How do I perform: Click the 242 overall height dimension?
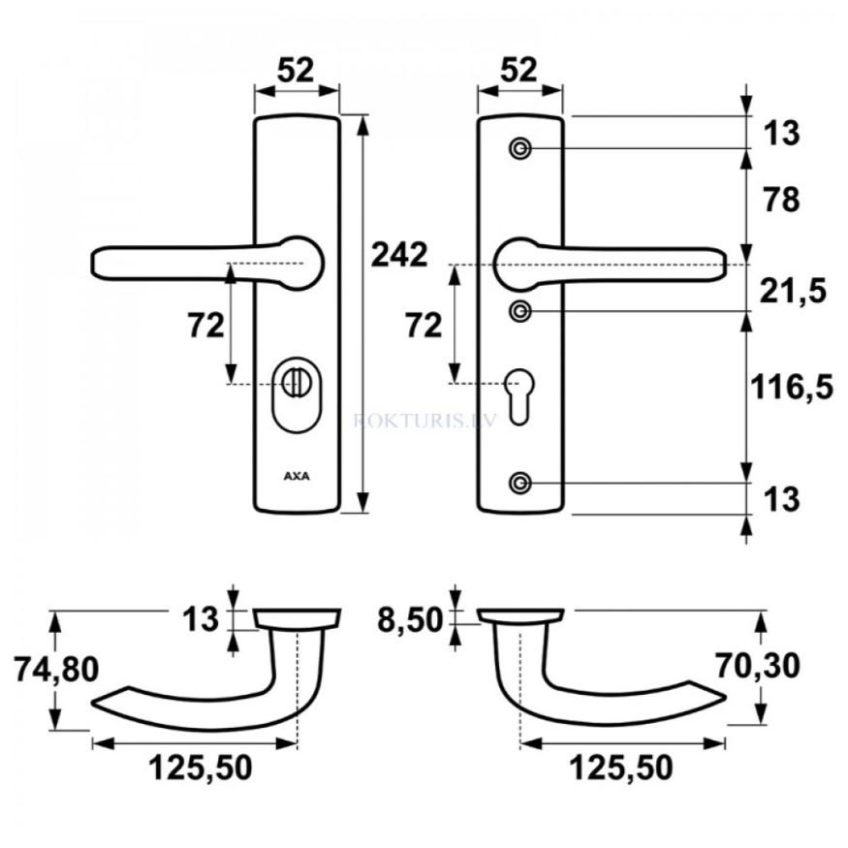[398, 255]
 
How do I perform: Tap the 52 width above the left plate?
[297, 70]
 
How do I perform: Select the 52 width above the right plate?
[519, 70]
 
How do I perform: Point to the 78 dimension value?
[780, 201]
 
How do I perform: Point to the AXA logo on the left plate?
[297, 476]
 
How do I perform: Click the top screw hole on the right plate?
[520, 148]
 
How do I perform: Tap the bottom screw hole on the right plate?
[520, 483]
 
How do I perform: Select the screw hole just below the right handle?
[520, 311]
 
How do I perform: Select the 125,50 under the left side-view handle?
[200, 769]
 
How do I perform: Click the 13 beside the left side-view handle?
[202, 618]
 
